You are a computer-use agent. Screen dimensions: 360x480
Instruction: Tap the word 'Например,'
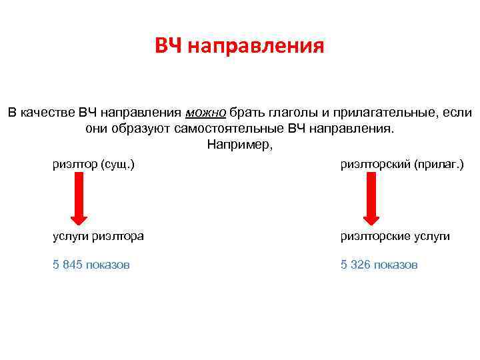tap(240, 144)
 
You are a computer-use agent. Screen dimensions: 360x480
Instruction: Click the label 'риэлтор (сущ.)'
tap(93, 163)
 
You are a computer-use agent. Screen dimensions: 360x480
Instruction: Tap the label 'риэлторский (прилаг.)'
tap(402, 163)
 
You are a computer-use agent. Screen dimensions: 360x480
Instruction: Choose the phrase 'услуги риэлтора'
tap(98, 236)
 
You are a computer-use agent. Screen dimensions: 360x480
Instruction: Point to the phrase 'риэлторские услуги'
tap(395, 236)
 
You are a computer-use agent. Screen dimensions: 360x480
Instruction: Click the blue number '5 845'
tap(67, 265)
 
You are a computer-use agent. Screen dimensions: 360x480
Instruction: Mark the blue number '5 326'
tap(355, 265)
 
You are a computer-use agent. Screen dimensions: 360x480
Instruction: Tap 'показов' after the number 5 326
tap(395, 265)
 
